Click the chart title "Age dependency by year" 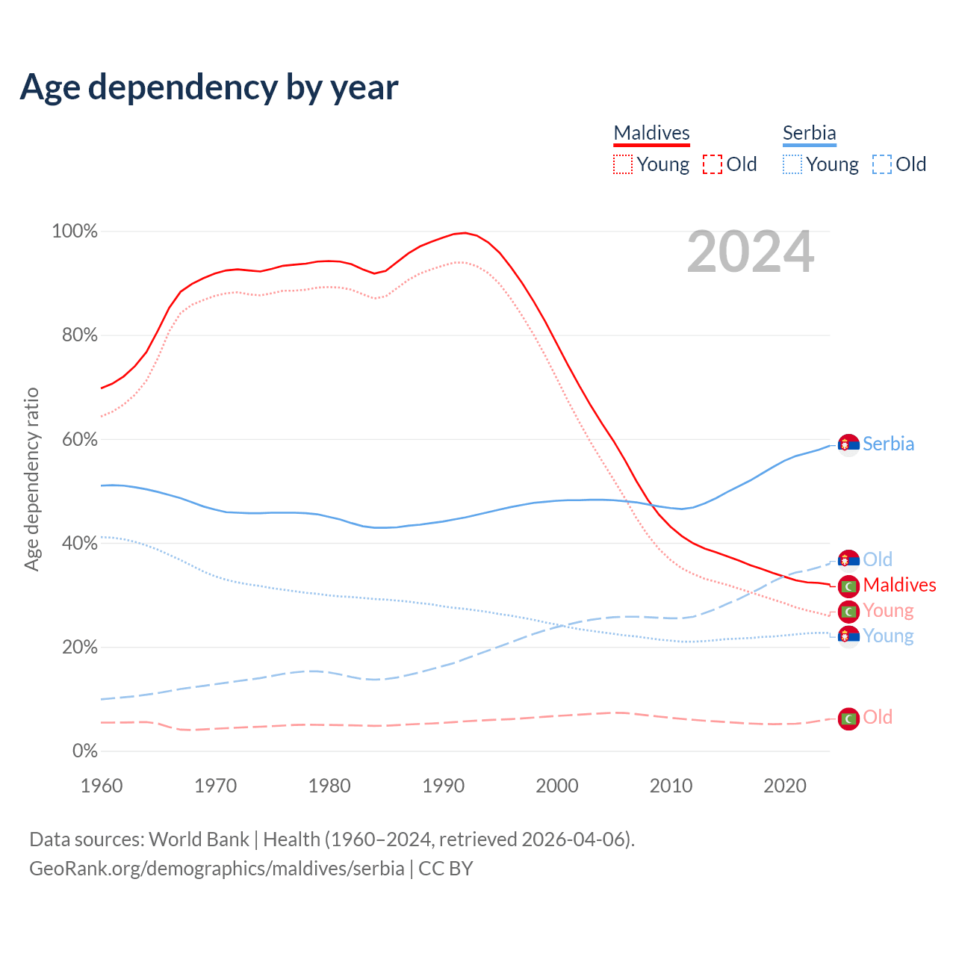click(209, 87)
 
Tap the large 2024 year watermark click(750, 252)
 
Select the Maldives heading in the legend click(651, 133)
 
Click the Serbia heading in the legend click(809, 133)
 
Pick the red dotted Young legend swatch click(623, 164)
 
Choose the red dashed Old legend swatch click(713, 164)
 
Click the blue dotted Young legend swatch click(792, 164)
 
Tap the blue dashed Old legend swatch click(882, 164)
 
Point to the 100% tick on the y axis click(75, 232)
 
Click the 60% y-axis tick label click(79, 439)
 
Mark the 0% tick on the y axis click(84, 751)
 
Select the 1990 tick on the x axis click(443, 786)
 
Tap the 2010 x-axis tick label click(671, 786)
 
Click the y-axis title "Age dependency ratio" click(32, 479)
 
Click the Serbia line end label click(888, 444)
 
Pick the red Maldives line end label click(899, 585)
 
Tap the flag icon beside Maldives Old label click(848, 718)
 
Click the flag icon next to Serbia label click(848, 445)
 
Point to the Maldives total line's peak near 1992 click(465, 233)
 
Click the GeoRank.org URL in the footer click(217, 869)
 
